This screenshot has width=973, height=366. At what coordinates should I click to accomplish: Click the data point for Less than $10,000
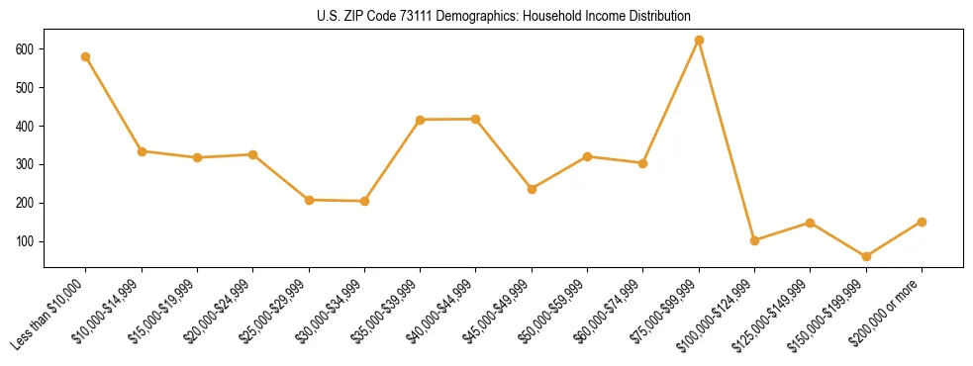(86, 56)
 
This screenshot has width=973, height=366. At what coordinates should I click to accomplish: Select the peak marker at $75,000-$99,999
(699, 41)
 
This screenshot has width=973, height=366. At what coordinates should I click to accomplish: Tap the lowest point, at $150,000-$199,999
(866, 256)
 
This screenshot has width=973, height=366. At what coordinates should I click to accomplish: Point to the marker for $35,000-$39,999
(421, 120)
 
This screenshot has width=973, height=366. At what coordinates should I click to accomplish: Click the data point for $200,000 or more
(922, 222)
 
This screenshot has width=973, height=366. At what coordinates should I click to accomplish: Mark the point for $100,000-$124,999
(754, 240)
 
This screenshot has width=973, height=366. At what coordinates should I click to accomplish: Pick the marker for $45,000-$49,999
(532, 189)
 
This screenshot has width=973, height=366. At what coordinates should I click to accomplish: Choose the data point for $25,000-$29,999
(309, 200)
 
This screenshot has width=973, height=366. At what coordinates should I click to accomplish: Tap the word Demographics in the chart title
(470, 17)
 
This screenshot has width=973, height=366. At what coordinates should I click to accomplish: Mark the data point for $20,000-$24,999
(253, 154)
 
